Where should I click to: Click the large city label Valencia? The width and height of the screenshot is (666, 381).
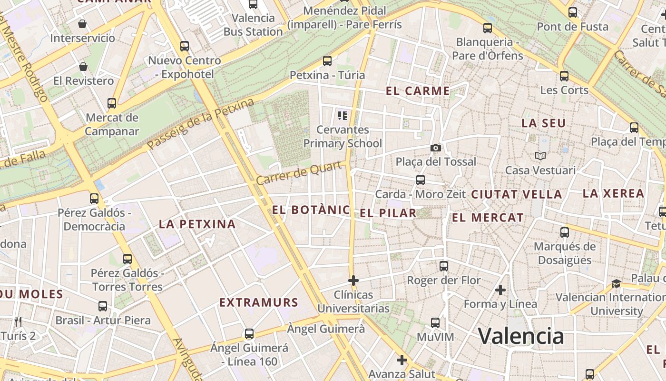pyautogui.click(x=521, y=336)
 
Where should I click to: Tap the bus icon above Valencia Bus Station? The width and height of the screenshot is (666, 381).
pyautogui.click(x=253, y=4)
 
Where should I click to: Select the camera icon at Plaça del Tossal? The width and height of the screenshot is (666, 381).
pyautogui.click(x=435, y=148)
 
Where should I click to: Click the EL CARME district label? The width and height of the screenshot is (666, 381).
pyautogui.click(x=418, y=91)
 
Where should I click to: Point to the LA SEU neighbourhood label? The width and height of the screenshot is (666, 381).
pyautogui.click(x=543, y=123)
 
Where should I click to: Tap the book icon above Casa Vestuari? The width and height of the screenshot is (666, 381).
pyautogui.click(x=540, y=156)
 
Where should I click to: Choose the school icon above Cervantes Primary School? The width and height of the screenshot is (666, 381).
pyautogui.click(x=343, y=115)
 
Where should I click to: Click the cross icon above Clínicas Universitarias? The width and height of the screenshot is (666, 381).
pyautogui.click(x=353, y=281)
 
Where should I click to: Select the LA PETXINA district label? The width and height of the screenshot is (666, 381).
pyautogui.click(x=197, y=224)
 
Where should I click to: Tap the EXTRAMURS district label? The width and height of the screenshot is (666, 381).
pyautogui.click(x=259, y=302)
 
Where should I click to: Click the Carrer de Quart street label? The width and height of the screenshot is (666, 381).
pyautogui.click(x=300, y=173)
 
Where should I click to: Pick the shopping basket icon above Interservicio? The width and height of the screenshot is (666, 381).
pyautogui.click(x=82, y=24)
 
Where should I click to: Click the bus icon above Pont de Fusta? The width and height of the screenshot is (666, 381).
pyautogui.click(x=573, y=12)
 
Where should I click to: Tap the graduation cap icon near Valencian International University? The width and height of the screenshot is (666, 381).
pyautogui.click(x=616, y=283)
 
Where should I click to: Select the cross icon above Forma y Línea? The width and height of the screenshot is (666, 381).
pyautogui.click(x=500, y=290)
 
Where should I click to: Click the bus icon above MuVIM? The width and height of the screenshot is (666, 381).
pyautogui.click(x=435, y=322)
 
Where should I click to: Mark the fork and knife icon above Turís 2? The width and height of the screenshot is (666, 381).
pyautogui.click(x=18, y=322)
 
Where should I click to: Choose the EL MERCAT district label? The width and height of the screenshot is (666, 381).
pyautogui.click(x=488, y=218)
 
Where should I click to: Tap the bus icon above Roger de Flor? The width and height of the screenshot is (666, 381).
pyautogui.click(x=444, y=266)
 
